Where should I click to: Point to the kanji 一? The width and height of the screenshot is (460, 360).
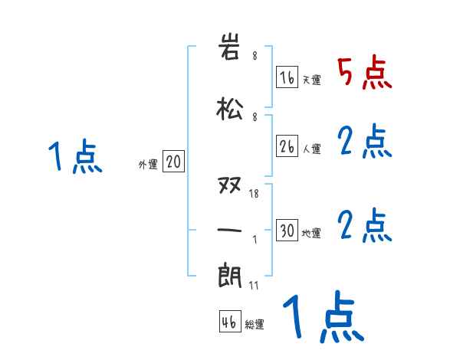[x=230, y=230]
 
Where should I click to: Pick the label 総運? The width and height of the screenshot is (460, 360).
[x=255, y=325]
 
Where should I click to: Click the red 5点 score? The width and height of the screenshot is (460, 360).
[x=365, y=74]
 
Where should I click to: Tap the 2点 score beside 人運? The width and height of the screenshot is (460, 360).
[x=365, y=141]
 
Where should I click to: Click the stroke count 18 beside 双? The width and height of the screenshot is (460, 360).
[x=254, y=194]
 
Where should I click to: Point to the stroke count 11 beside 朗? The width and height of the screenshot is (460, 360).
[x=254, y=284]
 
